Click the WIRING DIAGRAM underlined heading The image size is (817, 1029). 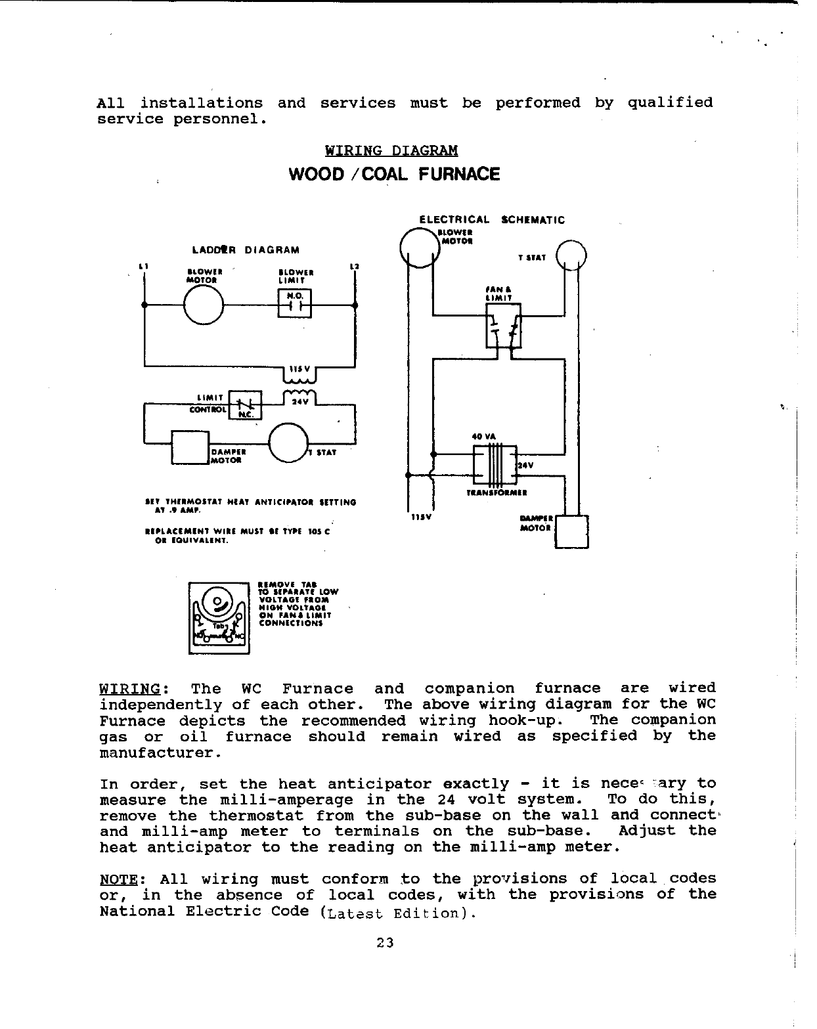tap(391, 150)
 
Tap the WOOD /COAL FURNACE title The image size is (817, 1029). tap(394, 175)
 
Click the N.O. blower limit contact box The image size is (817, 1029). tap(295, 303)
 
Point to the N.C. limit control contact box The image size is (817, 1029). tap(244, 405)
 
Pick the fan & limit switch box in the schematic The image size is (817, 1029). tap(503, 326)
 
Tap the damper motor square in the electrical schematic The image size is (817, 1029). tap(571, 531)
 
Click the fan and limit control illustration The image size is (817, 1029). tap(219, 617)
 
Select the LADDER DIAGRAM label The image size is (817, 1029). tap(246, 250)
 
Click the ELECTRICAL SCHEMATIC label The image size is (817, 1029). tap(492, 220)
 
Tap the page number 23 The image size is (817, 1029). tap(385, 943)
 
